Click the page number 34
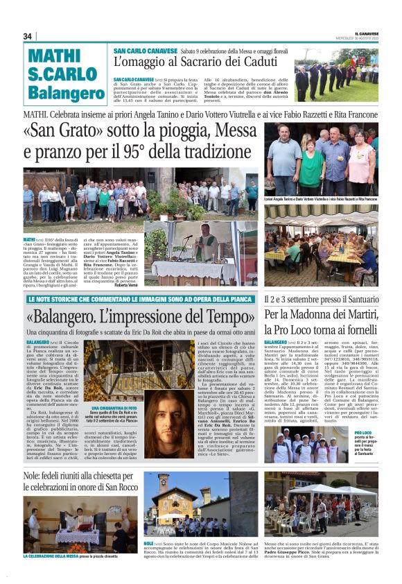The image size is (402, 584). (28, 36)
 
